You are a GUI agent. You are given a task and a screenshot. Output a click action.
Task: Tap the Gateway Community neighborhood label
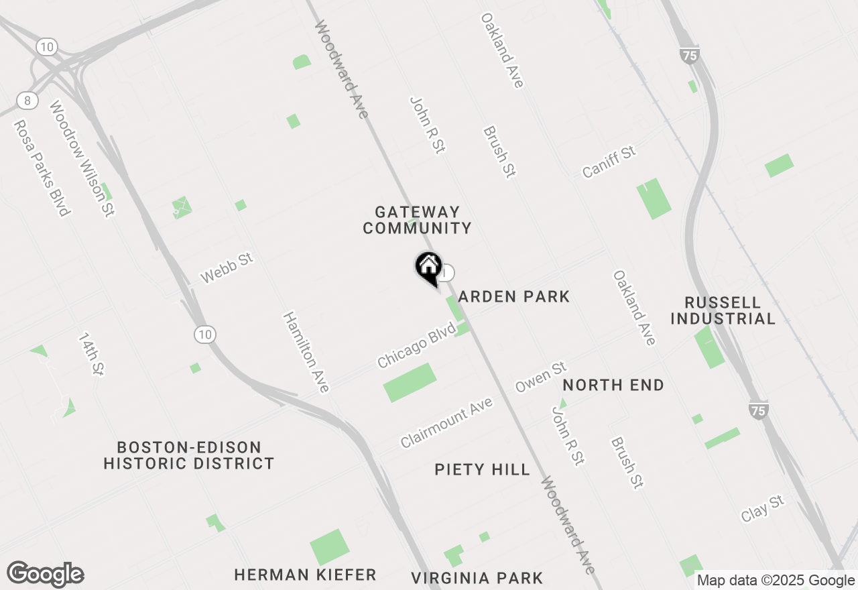(417, 220)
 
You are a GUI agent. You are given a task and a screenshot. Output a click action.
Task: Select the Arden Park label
(514, 296)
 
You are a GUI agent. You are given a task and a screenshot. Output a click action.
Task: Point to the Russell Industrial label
(723, 310)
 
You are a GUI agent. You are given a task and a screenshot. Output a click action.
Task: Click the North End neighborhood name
(613, 385)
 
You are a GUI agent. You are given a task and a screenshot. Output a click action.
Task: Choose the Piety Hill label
(482, 469)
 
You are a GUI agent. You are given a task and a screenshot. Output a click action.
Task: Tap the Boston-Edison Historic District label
(189, 455)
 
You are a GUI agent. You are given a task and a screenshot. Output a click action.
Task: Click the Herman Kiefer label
(305, 575)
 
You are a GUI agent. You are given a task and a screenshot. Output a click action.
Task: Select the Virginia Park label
(477, 578)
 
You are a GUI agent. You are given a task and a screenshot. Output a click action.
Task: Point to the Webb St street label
(227, 268)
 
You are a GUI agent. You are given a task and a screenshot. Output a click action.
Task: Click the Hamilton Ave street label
(306, 352)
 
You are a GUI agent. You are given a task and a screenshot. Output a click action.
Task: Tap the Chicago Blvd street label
(416, 345)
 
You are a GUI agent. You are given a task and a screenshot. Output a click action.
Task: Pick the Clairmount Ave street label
(446, 422)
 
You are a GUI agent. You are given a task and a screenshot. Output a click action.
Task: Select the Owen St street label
(540, 377)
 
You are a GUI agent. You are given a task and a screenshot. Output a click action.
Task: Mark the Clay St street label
(762, 509)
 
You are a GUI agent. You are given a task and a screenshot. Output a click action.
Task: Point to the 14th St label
(92, 353)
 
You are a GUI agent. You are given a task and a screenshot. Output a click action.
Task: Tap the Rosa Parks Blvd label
(42, 168)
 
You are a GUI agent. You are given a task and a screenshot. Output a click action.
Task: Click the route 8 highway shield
(27, 100)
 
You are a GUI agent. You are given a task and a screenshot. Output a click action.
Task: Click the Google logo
(45, 574)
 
